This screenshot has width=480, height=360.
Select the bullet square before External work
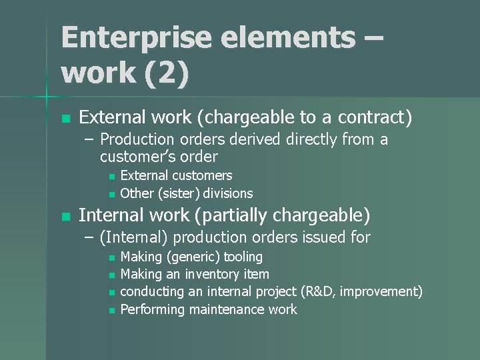65,119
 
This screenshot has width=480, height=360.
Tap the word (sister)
179,194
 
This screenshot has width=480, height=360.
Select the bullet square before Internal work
65,217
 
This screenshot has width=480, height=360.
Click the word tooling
243,257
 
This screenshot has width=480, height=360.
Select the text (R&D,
323,292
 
